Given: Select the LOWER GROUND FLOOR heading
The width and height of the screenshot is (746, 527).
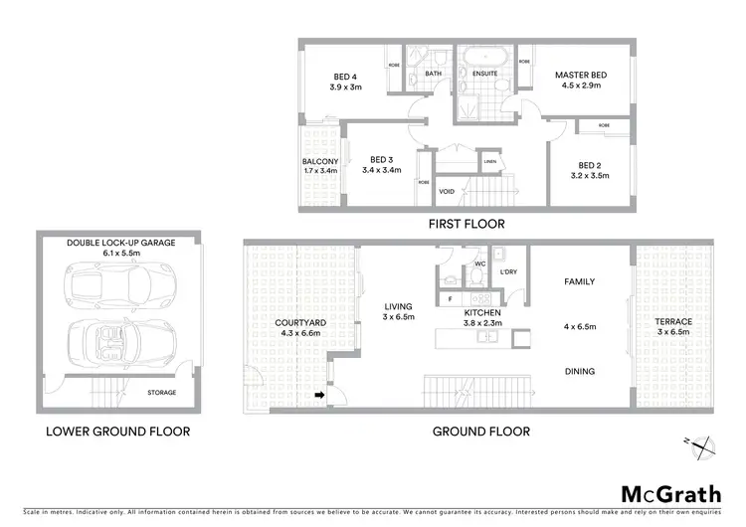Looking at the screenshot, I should pos(117,432).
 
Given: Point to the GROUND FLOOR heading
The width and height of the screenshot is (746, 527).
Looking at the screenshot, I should pos(480,432).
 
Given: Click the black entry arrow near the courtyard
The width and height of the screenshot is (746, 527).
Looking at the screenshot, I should pos(320,396).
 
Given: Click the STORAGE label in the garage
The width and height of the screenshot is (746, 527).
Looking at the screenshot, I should pos(162,393).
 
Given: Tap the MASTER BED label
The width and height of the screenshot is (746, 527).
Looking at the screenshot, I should pos(581,76).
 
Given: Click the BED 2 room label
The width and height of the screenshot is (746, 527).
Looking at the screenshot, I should pos(590,165).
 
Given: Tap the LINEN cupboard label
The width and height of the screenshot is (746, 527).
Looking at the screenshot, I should pos(489,162).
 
